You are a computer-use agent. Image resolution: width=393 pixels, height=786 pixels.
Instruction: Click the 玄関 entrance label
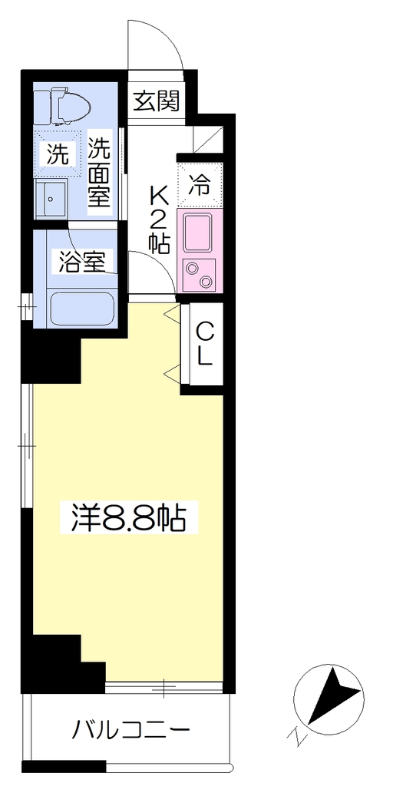(x=156, y=102)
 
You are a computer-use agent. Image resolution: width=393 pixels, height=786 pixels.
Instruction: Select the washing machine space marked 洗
(x=57, y=154)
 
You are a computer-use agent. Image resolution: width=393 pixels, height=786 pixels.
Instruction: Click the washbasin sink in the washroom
(x=51, y=199)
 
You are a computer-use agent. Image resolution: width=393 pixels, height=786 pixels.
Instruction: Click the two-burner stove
(x=199, y=274)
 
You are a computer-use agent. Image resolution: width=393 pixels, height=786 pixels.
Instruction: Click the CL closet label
(x=205, y=343)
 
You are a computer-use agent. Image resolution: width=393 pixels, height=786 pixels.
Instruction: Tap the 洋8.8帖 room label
(x=129, y=518)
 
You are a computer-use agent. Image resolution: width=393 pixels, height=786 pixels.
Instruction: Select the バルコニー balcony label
(x=130, y=729)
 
